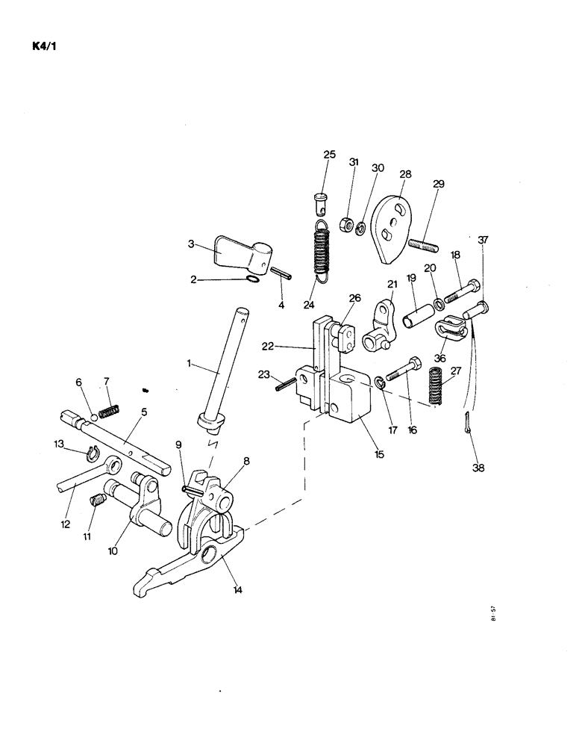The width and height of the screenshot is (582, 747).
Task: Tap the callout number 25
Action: tap(329, 155)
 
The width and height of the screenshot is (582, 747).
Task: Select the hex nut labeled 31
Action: tap(346, 223)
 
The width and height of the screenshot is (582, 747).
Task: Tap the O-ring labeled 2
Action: tap(252, 279)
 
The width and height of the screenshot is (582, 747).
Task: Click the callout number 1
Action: tap(190, 364)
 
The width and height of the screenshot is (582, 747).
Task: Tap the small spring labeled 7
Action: tap(110, 411)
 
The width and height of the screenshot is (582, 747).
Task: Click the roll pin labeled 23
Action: tap(285, 385)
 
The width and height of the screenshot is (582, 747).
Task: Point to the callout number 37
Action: tap(484, 240)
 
